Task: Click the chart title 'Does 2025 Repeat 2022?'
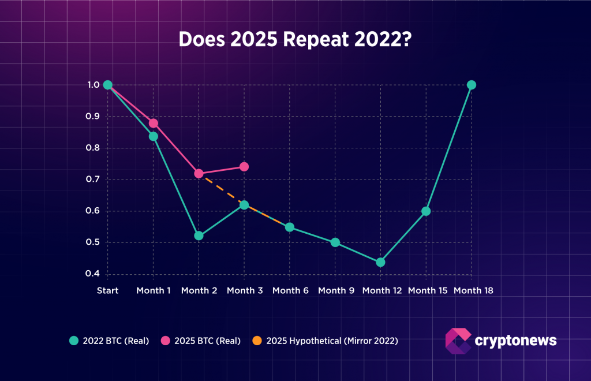coord(295,39)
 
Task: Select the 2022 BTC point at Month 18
coord(471,85)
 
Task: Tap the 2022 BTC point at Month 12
coord(380,262)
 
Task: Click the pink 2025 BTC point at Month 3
coord(244,167)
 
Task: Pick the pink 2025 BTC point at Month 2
coord(199,173)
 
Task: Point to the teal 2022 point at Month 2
coord(199,236)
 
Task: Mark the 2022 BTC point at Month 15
coord(426,211)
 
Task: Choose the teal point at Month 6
coord(290,227)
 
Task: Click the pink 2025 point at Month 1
coord(154,123)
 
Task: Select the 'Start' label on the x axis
coord(107,290)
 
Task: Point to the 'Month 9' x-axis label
coord(336,290)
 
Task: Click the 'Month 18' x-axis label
coord(473,290)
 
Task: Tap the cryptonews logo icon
coord(458,341)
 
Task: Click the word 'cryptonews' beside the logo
coord(515,341)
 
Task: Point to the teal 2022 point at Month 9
coord(335,242)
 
